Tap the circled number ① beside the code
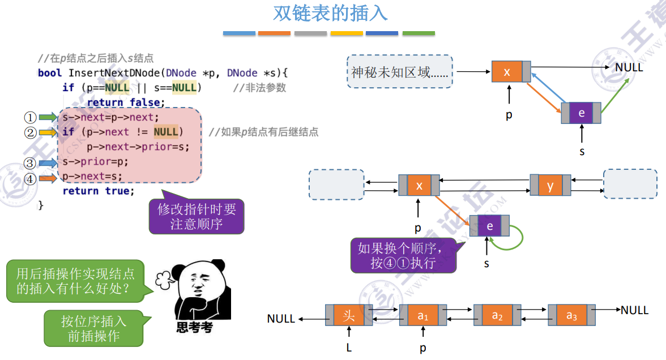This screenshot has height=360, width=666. (29, 118)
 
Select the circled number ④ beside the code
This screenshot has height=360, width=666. (29, 179)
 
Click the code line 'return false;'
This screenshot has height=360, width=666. (126, 102)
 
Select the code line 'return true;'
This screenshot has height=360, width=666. (99, 191)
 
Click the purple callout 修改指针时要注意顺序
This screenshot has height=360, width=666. (196, 217)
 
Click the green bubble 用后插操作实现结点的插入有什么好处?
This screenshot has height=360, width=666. (75, 281)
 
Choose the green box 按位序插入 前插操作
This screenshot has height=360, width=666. (93, 328)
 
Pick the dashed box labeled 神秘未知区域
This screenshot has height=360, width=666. (400, 72)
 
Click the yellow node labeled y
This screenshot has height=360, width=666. (550, 186)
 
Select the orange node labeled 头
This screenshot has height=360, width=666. (349, 315)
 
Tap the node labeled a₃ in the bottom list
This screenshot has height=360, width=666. (571, 315)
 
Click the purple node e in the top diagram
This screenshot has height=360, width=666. (581, 113)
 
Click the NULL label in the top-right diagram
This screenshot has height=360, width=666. (629, 67)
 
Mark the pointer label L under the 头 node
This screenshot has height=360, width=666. (349, 348)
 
